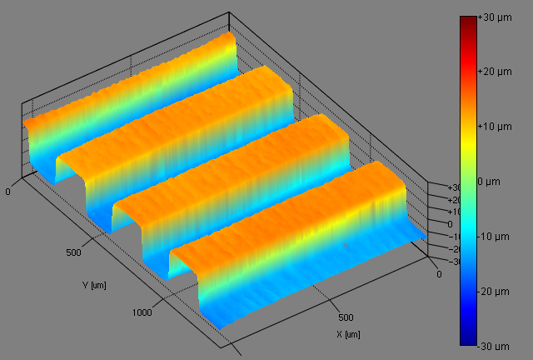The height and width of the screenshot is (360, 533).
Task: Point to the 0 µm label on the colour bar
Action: tap(491, 181)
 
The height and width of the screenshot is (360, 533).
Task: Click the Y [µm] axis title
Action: tap(94, 285)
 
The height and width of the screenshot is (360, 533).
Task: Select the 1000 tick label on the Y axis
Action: tap(142, 312)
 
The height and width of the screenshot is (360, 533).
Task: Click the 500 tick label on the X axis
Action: tap(348, 317)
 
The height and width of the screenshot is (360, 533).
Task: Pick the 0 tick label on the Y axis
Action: tap(8, 192)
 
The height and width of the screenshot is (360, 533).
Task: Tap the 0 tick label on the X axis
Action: tap(440, 273)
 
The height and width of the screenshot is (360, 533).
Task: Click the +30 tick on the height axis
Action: tap(436, 188)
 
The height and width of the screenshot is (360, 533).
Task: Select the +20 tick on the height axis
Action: tap(436, 200)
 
